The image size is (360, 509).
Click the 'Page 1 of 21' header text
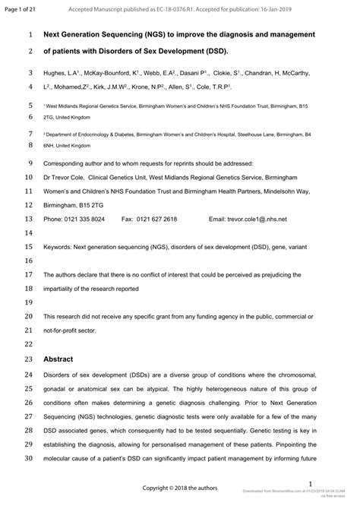tap(22, 8)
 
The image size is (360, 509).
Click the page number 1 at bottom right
tap(310, 484)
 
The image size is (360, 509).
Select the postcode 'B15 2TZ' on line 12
tap(97, 205)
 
